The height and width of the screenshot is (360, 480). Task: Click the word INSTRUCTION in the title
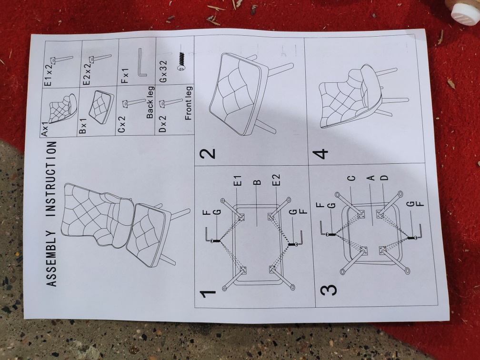(x=51, y=179)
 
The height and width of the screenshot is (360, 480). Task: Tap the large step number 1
(x=208, y=294)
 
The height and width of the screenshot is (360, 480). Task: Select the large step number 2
(x=208, y=153)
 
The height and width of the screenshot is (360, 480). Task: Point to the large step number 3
(x=328, y=290)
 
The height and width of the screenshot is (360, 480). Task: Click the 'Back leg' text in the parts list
(x=150, y=102)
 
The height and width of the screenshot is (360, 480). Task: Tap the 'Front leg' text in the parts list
(x=189, y=103)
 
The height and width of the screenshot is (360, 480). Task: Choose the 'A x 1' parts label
(x=44, y=129)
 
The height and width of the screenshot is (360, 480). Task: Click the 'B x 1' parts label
(x=83, y=126)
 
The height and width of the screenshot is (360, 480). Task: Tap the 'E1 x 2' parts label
(x=48, y=75)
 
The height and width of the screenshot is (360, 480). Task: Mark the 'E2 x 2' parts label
(x=87, y=74)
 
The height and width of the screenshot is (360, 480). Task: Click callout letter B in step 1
(x=257, y=182)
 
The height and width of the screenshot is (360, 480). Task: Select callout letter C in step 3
(x=352, y=178)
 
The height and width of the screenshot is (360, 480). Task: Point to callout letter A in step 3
(x=370, y=178)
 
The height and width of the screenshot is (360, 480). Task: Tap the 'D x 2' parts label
(x=163, y=124)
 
